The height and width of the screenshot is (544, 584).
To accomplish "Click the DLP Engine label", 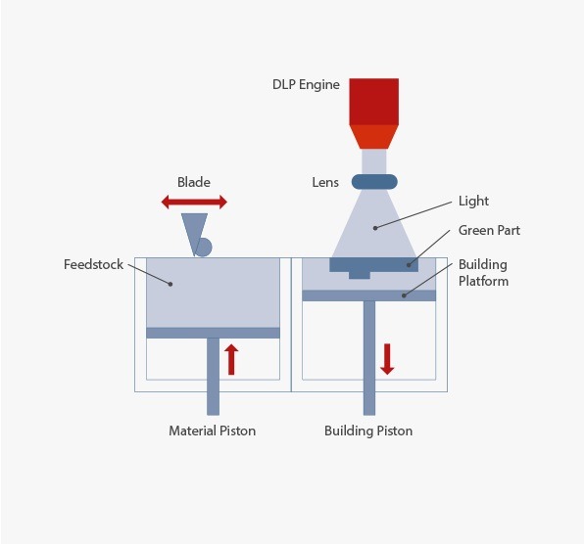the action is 306,85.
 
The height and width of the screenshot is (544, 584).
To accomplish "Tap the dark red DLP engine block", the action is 374,102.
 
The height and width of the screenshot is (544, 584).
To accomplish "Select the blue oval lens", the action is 374,182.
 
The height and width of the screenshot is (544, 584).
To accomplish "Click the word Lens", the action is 325,182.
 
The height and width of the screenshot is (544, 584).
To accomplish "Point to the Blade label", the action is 194,182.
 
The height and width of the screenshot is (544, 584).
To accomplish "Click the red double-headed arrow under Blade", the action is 194,202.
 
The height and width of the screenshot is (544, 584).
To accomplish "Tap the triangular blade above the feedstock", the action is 194,234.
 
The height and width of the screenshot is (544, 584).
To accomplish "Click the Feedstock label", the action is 93,264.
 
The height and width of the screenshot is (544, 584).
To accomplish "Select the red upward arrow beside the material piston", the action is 231,359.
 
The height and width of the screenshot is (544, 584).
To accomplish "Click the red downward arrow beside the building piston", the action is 387,359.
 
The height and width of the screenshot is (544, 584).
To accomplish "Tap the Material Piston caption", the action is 213,431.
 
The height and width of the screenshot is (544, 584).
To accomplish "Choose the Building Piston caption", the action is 368,431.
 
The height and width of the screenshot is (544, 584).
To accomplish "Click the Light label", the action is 473,202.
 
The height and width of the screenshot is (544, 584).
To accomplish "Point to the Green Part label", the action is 489,230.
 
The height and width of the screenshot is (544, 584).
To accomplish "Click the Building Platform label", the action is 483,273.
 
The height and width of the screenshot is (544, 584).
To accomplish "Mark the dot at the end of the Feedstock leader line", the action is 170,284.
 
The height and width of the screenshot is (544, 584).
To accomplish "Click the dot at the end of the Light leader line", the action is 375,228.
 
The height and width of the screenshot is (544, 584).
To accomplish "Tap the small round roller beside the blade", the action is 204,248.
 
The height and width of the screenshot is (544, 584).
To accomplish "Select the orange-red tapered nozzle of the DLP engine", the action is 374,137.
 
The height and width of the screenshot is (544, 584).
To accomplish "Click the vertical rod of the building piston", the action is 369,358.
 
